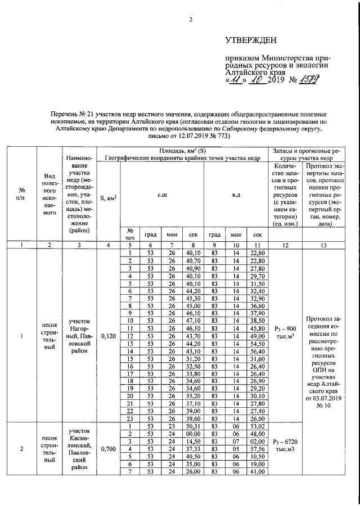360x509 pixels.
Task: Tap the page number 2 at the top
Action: (x=190, y=20)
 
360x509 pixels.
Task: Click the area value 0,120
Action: (x=108, y=336)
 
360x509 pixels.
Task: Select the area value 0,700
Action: (x=108, y=449)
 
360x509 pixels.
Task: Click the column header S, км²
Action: (x=108, y=197)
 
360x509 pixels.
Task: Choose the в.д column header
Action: (x=236, y=194)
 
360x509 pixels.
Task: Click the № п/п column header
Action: (x=21, y=197)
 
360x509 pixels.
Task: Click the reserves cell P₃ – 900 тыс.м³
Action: (x=286, y=332)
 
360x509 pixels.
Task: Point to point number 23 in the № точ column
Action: (x=129, y=418)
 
